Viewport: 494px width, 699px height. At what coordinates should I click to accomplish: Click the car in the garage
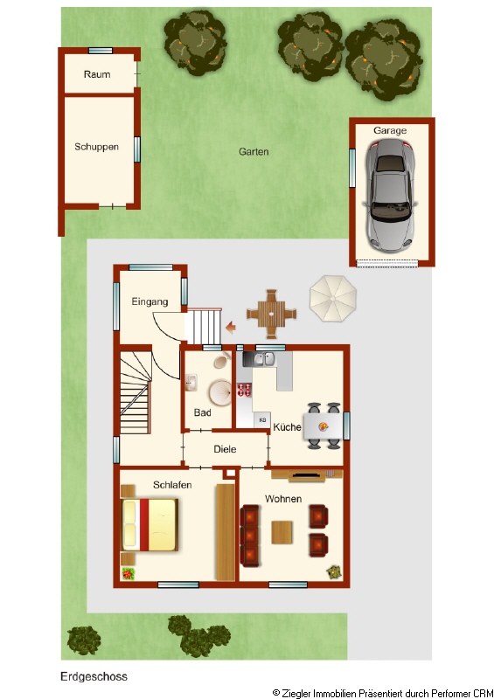coord(391,195)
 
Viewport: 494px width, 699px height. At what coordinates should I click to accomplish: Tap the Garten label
coord(254,151)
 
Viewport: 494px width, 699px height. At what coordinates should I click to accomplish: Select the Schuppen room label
coord(96,147)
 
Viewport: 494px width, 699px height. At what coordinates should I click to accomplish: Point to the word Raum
coord(97,74)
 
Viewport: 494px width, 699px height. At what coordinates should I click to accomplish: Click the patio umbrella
coord(333,299)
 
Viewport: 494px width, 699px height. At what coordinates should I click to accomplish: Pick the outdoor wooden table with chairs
coord(271,314)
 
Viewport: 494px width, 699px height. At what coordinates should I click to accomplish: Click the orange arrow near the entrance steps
coord(231,328)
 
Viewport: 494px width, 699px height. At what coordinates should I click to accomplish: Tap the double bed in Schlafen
coord(150,525)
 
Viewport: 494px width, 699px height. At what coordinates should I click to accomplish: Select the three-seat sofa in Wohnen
coord(249,536)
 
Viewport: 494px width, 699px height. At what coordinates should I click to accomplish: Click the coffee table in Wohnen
coord(282,532)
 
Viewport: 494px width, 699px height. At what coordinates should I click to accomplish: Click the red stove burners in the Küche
coord(244,390)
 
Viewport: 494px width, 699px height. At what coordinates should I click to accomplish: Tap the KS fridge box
coord(262,420)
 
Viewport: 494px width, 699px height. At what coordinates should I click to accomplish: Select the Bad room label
coord(202,412)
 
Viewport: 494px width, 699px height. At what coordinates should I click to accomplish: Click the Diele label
coord(225,449)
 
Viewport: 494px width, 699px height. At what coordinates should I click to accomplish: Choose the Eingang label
coord(150,301)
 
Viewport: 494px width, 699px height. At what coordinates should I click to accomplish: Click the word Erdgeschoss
coord(94,676)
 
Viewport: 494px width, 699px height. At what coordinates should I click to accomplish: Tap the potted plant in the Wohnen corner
coord(333,572)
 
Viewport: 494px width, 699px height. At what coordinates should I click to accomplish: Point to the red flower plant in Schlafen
coord(128,573)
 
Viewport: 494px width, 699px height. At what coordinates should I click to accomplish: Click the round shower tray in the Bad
coord(220,392)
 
